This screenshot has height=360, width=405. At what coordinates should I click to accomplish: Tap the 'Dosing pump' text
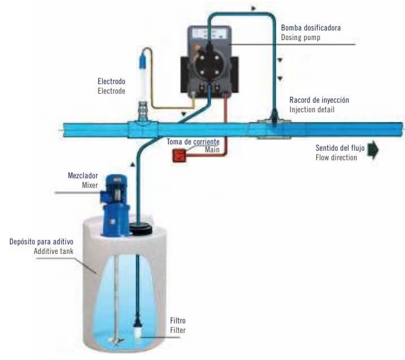(302, 37)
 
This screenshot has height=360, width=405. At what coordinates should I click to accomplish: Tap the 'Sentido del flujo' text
(340, 148)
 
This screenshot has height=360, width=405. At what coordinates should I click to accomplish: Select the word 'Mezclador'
(82, 175)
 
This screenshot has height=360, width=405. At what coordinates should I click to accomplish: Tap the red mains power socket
(180, 156)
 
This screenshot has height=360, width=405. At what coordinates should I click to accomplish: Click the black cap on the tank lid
(142, 227)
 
